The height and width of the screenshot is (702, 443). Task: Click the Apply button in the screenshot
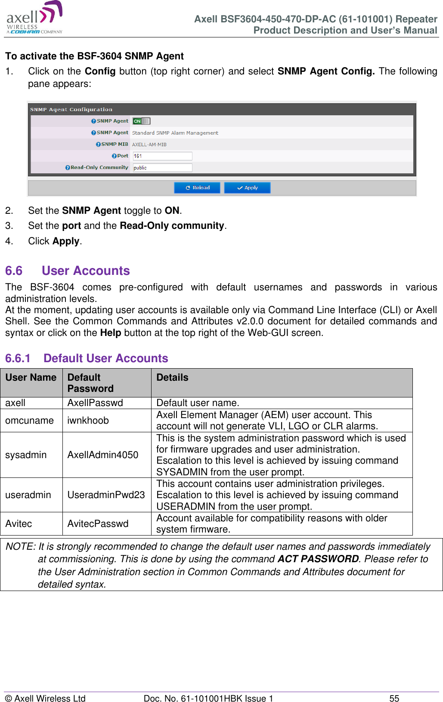(x=247, y=188)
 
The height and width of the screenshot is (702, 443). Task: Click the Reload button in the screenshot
(x=197, y=188)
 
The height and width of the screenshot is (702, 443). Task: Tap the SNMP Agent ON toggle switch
(x=141, y=121)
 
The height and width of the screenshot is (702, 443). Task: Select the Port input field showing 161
(x=162, y=156)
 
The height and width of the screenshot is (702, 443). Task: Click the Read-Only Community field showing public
(x=162, y=168)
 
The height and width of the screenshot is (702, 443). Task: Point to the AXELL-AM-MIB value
(x=149, y=145)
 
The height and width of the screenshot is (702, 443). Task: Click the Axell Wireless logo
(x=34, y=18)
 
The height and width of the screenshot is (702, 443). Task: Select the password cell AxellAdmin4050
(x=103, y=455)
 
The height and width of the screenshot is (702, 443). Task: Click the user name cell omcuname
(x=29, y=420)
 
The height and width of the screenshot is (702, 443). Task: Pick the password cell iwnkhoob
(x=88, y=420)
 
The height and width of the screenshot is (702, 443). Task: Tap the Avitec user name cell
(x=19, y=523)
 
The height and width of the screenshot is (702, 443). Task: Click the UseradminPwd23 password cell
(x=106, y=495)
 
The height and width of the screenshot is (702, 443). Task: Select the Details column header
(x=172, y=377)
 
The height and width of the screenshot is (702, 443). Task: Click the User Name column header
(x=31, y=377)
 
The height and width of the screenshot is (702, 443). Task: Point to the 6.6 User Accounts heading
(x=68, y=271)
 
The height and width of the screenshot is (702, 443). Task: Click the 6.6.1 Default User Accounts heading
(x=87, y=358)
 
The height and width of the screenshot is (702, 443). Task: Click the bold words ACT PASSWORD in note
(x=318, y=559)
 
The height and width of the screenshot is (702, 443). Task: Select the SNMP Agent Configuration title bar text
(x=71, y=110)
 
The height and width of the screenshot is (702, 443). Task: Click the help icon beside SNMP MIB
(x=98, y=145)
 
